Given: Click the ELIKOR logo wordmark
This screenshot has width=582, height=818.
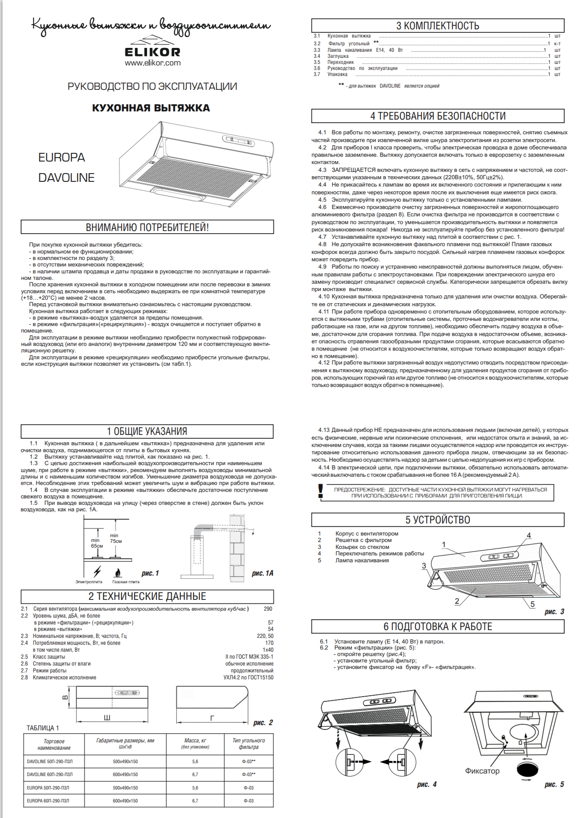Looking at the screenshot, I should [152, 52].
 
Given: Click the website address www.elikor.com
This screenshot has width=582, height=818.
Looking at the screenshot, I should [153, 63].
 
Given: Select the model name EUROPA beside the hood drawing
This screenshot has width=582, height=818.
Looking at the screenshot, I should [62, 158].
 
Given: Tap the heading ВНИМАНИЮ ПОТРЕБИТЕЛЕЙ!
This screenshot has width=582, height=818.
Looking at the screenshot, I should [147, 228].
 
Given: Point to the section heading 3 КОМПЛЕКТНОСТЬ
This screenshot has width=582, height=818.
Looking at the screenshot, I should [437, 26].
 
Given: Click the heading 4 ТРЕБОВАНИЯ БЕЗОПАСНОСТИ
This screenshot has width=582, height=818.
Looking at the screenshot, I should [437, 116].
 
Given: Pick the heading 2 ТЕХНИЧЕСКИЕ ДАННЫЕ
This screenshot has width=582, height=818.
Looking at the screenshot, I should [147, 596].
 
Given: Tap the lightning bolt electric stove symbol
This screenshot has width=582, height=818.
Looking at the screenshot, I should [98, 571].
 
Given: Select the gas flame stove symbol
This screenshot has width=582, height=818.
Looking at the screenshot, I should [117, 573].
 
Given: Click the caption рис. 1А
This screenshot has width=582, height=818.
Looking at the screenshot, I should [262, 573].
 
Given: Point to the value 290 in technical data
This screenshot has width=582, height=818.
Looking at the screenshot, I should [268, 609].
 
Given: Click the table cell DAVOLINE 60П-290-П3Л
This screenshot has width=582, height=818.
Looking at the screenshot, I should [50, 774].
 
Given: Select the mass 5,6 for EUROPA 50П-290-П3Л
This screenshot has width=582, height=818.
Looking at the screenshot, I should [195, 788].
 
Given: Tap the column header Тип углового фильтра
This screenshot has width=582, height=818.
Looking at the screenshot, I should [249, 743].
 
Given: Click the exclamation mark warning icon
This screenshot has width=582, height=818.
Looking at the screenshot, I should [320, 491].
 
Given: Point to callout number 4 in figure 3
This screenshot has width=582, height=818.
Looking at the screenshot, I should [529, 536].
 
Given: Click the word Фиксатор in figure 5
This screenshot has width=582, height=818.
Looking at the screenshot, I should [482, 771].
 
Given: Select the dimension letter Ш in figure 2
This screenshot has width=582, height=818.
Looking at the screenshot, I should [107, 717].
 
